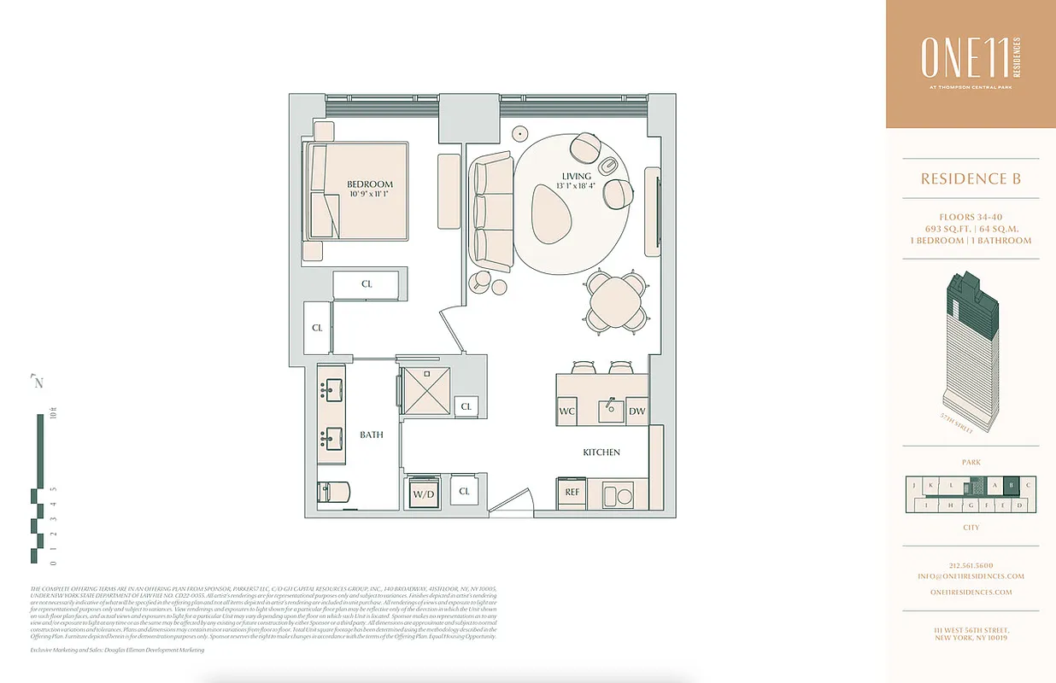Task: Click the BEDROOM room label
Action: tap(370, 184)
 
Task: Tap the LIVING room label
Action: tap(576, 177)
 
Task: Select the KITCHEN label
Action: tap(601, 452)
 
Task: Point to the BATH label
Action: tap(371, 435)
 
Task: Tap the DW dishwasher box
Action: tap(637, 411)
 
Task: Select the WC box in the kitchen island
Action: tap(566, 411)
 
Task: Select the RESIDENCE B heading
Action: tap(971, 179)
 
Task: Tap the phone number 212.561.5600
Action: tap(971, 565)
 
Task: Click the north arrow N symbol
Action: tap(38, 382)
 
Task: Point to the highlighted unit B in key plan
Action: tap(1012, 486)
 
